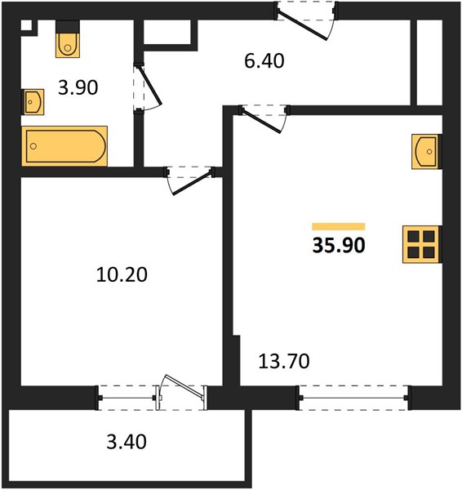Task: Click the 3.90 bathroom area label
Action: tap(78, 87)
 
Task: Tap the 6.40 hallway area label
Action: tap(264, 61)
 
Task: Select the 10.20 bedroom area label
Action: tap(122, 275)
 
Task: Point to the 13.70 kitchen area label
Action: tap(284, 361)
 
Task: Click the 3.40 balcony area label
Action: tap(127, 442)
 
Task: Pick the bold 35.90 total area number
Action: tap(339, 245)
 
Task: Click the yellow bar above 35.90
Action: tap(339, 226)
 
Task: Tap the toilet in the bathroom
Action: tap(68, 39)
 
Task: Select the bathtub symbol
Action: tap(64, 146)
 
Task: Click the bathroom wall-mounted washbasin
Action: tap(33, 102)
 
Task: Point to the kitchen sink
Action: tap(426, 152)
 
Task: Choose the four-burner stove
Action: tap(422, 244)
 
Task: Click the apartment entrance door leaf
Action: tap(302, 25)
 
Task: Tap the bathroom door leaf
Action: tap(149, 85)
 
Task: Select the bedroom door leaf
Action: tap(191, 183)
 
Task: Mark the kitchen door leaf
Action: tap(262, 122)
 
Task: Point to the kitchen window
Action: tap(354, 398)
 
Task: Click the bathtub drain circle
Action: tap(33, 146)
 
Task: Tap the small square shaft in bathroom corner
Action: tap(27, 25)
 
